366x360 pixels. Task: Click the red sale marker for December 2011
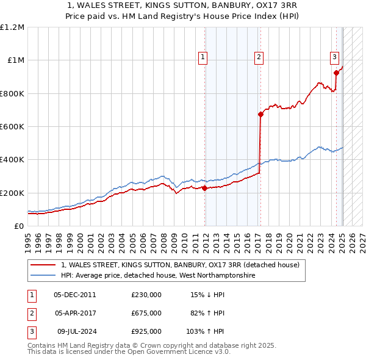click(x=204, y=188)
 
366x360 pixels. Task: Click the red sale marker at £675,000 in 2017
click(x=260, y=114)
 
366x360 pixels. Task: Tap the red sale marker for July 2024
click(x=336, y=73)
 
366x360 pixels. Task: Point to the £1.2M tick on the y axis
click(x=12, y=27)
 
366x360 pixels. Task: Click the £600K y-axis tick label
click(x=12, y=127)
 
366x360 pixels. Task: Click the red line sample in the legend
click(x=43, y=265)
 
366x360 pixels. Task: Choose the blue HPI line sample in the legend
click(x=43, y=276)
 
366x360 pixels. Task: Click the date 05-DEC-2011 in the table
click(x=74, y=295)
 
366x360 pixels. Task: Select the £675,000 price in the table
click(x=146, y=313)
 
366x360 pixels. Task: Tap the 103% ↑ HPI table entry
click(x=206, y=331)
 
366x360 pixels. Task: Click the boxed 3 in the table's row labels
click(x=31, y=331)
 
